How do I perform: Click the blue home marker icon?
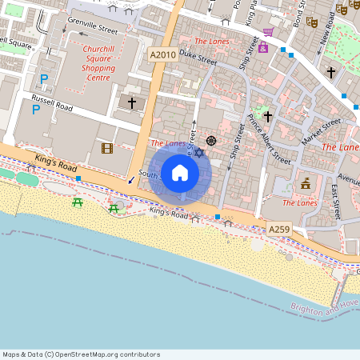tap(179, 173)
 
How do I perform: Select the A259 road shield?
tap(278, 230)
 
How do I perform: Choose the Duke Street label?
tap(198, 58)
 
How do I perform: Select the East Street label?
tap(337, 200)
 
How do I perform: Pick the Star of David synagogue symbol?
tap(199, 152)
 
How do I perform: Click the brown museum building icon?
tap(305, 185)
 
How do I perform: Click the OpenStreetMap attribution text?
tap(81, 354)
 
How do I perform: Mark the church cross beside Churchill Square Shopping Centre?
tap(133, 102)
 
